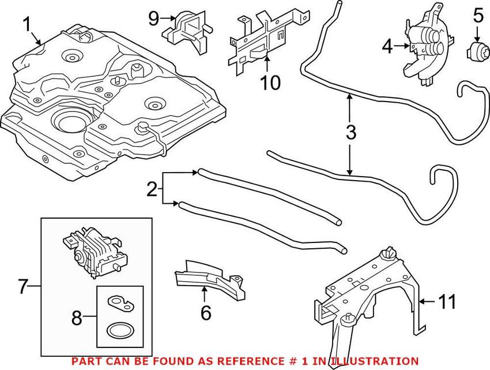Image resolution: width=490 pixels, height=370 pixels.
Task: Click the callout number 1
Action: (27, 25)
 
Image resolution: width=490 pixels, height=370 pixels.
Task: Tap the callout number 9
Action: (153, 18)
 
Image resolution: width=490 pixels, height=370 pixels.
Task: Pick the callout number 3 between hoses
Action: (350, 133)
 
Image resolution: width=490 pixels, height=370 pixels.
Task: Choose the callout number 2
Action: (152, 189)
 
